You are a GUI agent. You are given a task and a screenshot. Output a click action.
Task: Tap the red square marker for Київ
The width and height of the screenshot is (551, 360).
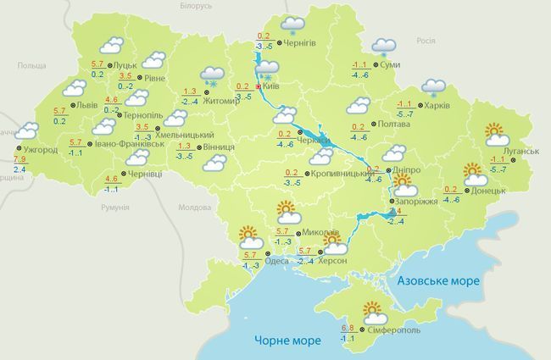point(258,86)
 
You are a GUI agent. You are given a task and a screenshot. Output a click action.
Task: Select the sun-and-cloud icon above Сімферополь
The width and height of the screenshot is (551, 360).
point(374,310)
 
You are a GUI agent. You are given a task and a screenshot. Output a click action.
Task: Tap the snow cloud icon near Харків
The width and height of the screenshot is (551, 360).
point(433,86)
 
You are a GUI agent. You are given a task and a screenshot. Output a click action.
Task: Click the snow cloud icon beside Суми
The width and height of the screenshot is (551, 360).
point(385,46)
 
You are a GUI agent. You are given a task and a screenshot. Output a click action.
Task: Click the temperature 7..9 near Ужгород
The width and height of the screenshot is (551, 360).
point(19,160)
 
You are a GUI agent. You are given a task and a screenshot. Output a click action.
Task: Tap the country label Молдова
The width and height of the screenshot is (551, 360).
point(194,208)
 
